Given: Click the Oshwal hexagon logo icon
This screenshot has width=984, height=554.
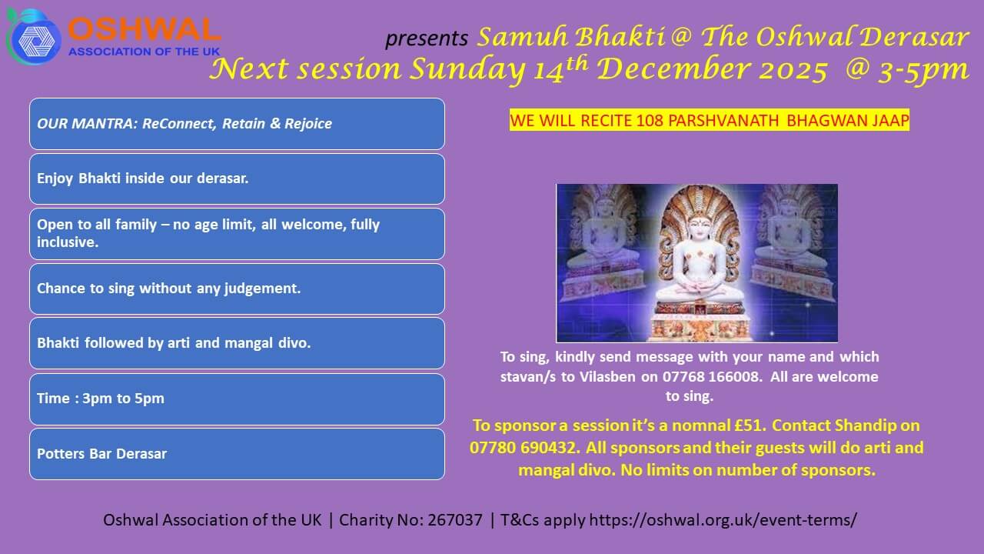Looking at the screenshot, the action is tap(33, 38).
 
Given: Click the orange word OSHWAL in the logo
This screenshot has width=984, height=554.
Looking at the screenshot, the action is tap(144, 30).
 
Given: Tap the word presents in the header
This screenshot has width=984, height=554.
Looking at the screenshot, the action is tap(427, 38).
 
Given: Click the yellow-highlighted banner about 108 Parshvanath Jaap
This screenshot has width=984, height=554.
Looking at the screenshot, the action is tap(709, 120).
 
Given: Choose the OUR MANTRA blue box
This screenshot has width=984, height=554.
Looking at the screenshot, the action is tap(238, 124).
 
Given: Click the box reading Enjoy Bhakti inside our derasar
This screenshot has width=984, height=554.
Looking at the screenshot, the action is tap(238, 179).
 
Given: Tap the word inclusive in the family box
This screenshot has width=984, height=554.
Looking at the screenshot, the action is tap(68, 242).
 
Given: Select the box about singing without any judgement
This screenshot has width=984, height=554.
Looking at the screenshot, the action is tap(238, 289).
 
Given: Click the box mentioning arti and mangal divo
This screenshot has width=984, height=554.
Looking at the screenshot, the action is tap(238, 343).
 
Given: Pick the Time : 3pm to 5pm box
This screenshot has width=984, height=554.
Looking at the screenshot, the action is tap(238, 399).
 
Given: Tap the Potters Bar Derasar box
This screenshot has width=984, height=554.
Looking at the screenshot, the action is tap(238, 454).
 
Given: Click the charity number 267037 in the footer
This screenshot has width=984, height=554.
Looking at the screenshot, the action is tap(455, 520).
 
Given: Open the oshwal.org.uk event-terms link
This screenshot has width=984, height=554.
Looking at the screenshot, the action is tap(723, 521).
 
